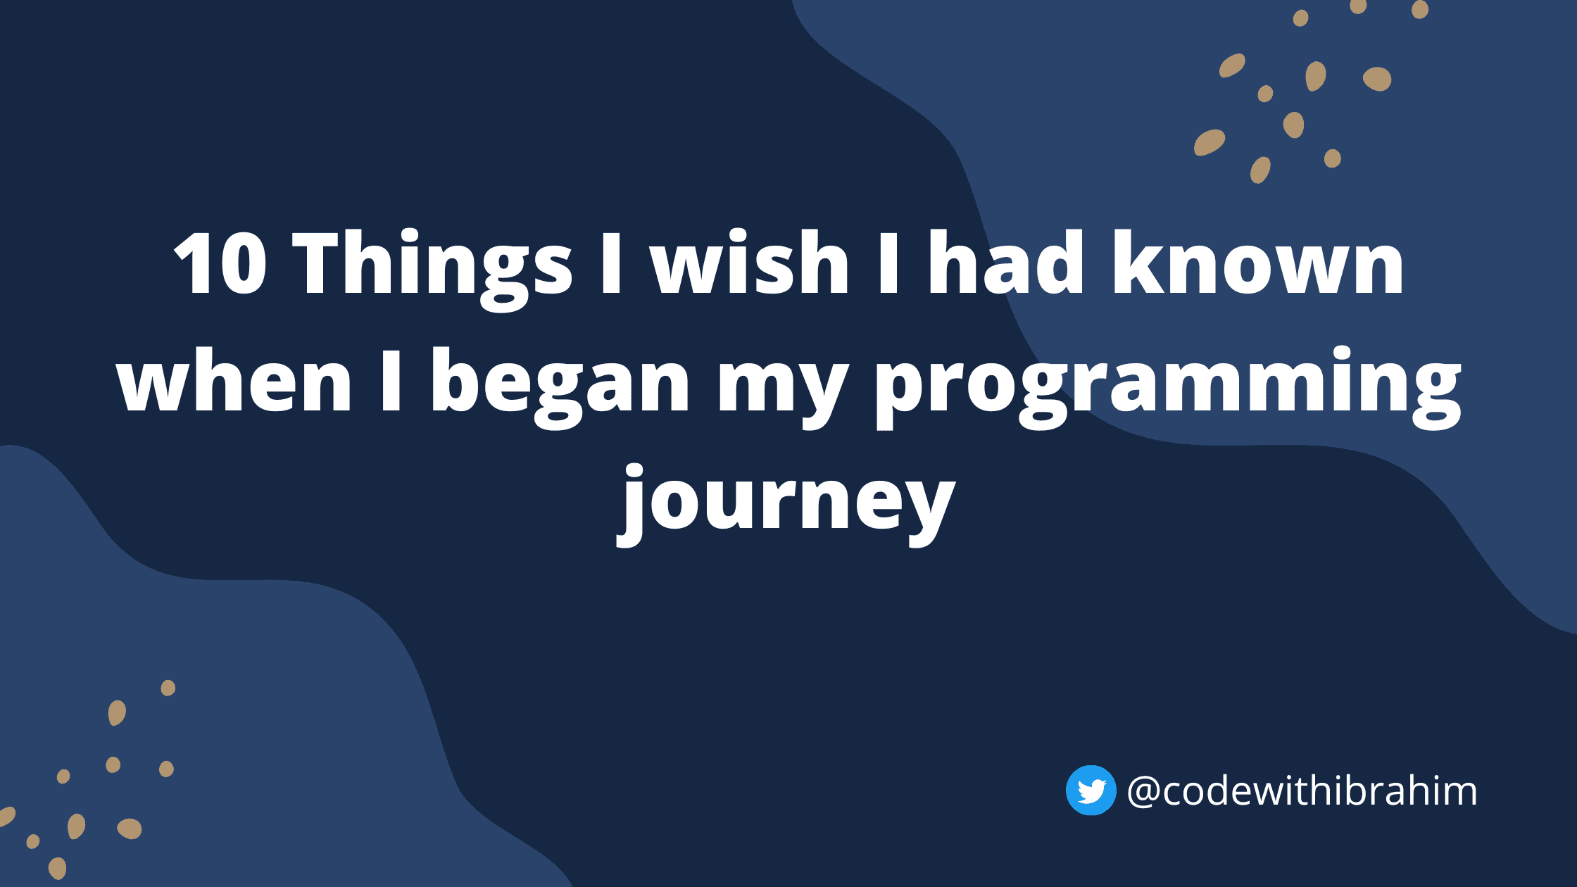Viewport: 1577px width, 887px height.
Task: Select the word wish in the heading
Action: click(750, 261)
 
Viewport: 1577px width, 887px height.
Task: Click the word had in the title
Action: click(1005, 261)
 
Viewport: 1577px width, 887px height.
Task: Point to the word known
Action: click(1257, 261)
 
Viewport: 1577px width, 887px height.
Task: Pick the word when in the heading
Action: click(234, 379)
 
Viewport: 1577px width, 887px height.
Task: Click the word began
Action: click(560, 387)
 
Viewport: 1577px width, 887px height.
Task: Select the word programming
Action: click(1169, 387)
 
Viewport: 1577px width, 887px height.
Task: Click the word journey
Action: click(786, 505)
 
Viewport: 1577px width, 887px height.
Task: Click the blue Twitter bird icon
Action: click(1091, 790)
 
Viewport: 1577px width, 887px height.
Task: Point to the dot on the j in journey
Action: click(635, 472)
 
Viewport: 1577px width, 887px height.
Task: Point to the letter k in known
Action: click(1138, 261)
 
